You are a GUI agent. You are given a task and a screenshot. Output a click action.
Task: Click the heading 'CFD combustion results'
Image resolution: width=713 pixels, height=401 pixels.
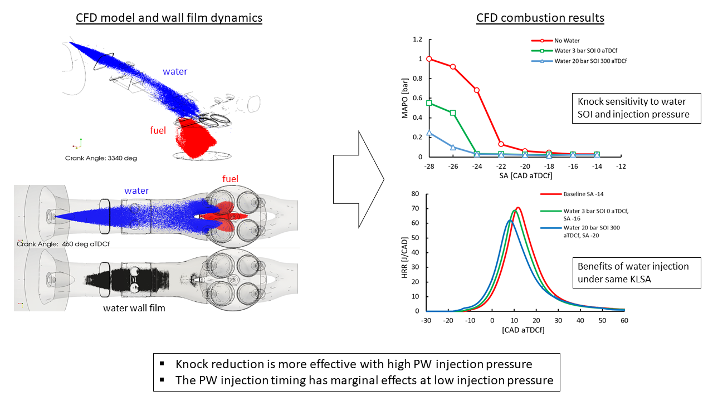click(x=540, y=18)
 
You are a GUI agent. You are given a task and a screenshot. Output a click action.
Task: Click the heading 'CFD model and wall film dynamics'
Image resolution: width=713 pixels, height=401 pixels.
click(x=169, y=18)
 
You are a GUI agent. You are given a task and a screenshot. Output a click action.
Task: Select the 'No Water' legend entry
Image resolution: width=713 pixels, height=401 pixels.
click(x=567, y=41)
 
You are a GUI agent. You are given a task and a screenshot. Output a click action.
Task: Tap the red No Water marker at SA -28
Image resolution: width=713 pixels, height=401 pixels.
click(x=428, y=58)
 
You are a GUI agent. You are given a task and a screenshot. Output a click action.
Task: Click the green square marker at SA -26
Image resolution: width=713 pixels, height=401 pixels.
click(x=453, y=113)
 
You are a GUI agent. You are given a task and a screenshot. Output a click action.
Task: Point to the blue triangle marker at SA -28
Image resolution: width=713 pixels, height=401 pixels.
click(x=428, y=133)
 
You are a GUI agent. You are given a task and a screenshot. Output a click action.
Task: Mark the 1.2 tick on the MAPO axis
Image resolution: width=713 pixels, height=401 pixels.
click(x=417, y=40)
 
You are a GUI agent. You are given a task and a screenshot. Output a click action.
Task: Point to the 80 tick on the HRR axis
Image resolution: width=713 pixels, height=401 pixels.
click(x=414, y=194)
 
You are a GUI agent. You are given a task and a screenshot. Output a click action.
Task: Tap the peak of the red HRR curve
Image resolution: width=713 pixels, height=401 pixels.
click(x=518, y=208)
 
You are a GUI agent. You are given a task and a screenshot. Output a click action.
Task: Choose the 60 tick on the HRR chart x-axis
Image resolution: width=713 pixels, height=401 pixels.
click(x=624, y=321)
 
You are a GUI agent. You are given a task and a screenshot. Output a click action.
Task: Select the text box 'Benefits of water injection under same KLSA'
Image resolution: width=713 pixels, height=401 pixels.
click(x=636, y=272)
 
